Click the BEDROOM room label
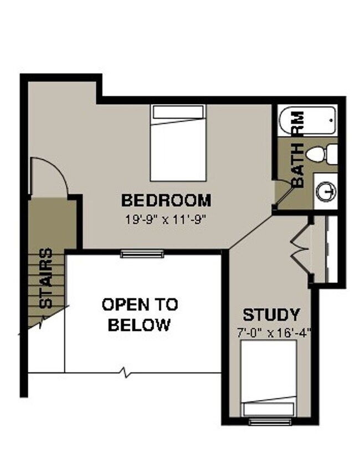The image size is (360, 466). [x=166, y=200]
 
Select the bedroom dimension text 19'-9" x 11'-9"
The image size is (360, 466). [x=166, y=218]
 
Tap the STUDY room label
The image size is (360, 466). [x=271, y=315]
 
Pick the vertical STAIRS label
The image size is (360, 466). [x=47, y=277]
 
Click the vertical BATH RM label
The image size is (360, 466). [x=297, y=149]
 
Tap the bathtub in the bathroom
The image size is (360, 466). [x=307, y=121]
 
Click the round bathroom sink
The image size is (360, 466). [x=327, y=191]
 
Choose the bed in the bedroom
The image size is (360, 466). [x=178, y=143]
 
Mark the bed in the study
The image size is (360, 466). [x=269, y=377]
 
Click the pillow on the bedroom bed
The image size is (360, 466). [x=178, y=112]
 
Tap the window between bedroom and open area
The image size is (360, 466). [x=142, y=253]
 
